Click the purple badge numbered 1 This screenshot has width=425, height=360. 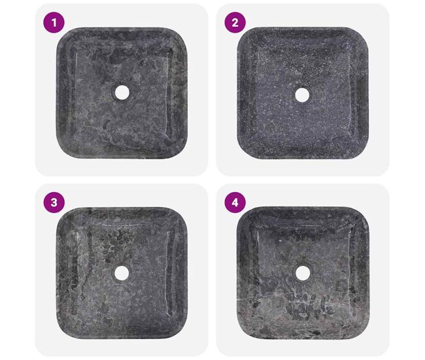(x=54, y=23)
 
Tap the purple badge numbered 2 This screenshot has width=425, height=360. (x=235, y=23)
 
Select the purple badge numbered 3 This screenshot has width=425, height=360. (x=54, y=203)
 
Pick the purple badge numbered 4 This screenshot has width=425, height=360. (x=235, y=203)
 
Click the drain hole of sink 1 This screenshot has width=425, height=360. (x=122, y=92)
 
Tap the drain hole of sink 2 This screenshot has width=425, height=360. (x=302, y=95)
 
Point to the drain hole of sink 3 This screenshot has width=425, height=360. (x=122, y=273)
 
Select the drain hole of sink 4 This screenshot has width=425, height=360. (x=302, y=273)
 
